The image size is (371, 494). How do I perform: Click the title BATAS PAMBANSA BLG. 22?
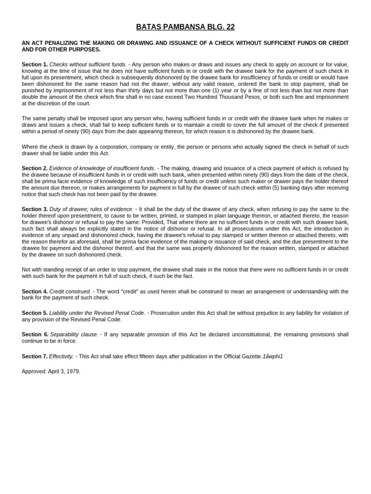(x=185, y=27)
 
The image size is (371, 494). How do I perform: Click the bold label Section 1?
(x=35, y=64)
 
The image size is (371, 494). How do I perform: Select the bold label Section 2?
(x=35, y=168)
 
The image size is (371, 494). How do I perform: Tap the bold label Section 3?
(x=35, y=209)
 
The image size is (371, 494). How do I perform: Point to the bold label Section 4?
(x=35, y=291)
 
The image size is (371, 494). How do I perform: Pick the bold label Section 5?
(x=35, y=313)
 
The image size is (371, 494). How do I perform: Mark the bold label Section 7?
(x=35, y=357)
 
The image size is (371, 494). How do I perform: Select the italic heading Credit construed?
(x=70, y=291)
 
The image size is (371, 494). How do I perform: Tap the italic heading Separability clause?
(x=74, y=334)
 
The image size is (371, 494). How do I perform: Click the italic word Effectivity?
(x=62, y=357)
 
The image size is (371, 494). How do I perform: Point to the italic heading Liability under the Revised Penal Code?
(x=97, y=313)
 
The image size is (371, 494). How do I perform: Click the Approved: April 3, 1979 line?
(x=51, y=371)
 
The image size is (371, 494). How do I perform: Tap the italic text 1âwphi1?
(x=273, y=357)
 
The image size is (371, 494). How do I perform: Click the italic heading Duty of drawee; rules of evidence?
(x=91, y=209)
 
